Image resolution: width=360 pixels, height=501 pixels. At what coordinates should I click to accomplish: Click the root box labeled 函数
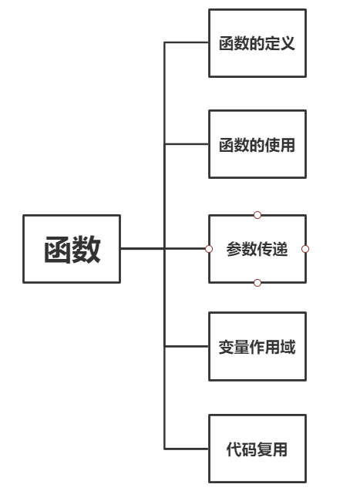[x=72, y=249]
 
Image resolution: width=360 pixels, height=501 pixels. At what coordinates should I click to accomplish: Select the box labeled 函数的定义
[x=257, y=43]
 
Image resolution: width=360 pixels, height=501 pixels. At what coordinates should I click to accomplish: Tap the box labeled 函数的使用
[x=257, y=144]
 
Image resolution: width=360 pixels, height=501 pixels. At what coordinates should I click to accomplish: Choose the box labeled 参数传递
[x=257, y=249]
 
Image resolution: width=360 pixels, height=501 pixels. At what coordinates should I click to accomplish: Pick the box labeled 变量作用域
[x=257, y=347]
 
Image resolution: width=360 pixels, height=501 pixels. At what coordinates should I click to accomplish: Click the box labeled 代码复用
[x=257, y=449]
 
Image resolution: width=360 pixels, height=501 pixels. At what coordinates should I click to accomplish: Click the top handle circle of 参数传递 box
[x=257, y=215]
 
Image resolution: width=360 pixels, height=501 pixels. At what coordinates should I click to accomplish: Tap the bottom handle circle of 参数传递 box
[x=257, y=283]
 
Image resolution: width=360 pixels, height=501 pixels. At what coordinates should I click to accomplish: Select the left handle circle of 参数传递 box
[x=209, y=249]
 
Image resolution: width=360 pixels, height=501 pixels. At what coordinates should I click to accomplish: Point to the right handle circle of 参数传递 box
[x=305, y=249]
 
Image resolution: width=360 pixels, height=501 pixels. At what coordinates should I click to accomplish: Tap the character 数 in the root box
[x=86, y=250]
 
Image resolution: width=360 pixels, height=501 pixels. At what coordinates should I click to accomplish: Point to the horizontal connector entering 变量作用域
[x=187, y=347]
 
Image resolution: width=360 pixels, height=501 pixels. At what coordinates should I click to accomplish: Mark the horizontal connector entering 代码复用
[x=187, y=449]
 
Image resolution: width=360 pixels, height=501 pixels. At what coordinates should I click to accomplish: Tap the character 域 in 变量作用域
[x=288, y=348]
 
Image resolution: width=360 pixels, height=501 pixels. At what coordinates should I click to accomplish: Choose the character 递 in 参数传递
[x=280, y=250]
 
